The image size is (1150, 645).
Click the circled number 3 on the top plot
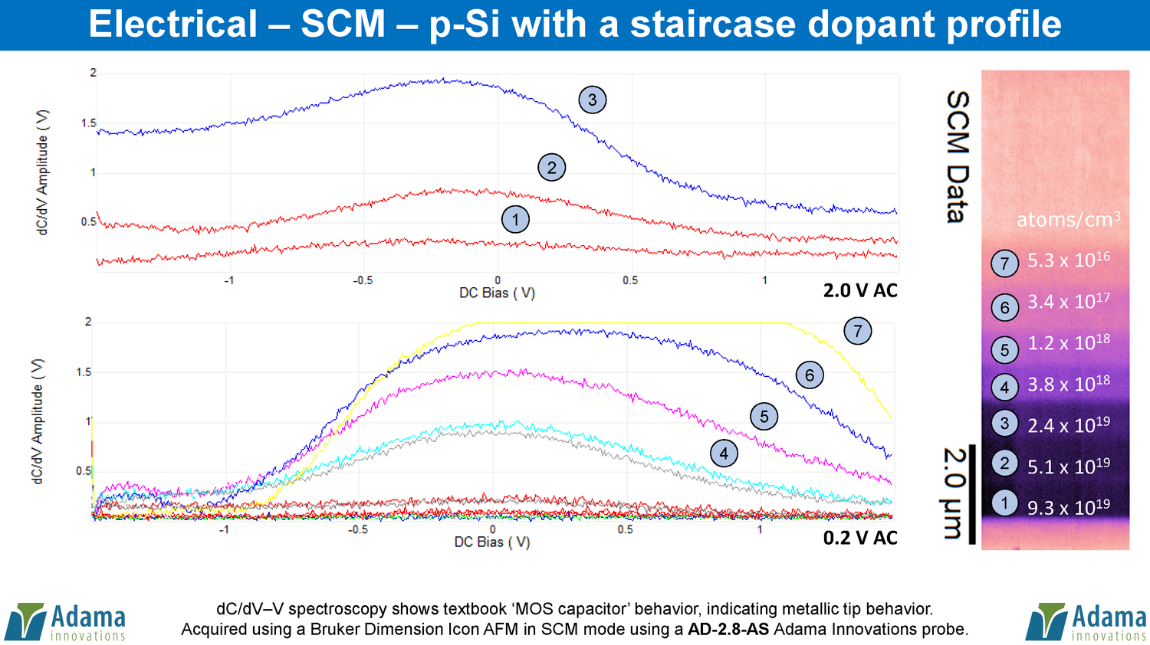click(592, 100)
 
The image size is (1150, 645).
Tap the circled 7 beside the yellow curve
click(858, 331)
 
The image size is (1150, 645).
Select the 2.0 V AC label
click(860, 290)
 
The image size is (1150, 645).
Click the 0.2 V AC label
click(860, 538)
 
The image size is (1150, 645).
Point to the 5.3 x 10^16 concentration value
click(1068, 260)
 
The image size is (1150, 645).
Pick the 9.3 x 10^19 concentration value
click(1068, 507)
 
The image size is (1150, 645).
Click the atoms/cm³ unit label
click(1068, 220)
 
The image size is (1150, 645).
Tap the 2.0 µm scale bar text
click(953, 494)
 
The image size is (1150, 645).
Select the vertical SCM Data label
click(958, 157)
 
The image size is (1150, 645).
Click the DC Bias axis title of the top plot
click(497, 293)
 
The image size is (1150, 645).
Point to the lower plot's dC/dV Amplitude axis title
click(38, 421)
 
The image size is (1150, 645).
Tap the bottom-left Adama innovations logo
click(66, 622)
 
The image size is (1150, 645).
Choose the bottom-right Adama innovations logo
click(1086, 622)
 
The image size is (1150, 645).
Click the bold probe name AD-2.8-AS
click(729, 630)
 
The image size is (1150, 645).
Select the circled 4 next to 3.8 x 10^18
click(1004, 387)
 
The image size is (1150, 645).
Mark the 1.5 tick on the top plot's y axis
click(89, 123)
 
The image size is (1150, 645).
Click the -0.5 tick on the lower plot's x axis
click(358, 529)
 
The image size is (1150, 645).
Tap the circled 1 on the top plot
click(515, 220)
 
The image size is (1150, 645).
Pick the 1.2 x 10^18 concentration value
click(1068, 342)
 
